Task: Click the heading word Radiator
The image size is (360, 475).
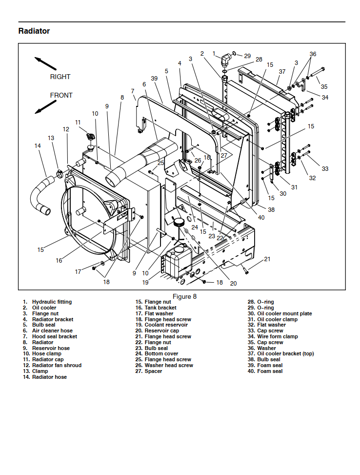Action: [x=34, y=31]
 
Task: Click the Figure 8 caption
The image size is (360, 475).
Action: [x=185, y=296]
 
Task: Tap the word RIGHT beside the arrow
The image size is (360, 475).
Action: [x=60, y=77]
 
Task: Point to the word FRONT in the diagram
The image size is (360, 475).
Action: [x=61, y=95]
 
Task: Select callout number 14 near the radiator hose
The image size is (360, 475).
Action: [x=38, y=145]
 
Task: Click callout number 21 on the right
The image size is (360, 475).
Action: [x=267, y=259]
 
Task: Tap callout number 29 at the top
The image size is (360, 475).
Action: [x=247, y=56]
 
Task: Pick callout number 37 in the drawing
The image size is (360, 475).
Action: [x=282, y=71]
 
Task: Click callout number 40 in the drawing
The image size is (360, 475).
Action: [x=261, y=217]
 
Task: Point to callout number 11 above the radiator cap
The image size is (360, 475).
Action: [x=78, y=122]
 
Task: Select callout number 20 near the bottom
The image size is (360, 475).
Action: [x=233, y=283]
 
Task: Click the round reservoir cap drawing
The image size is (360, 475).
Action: [x=179, y=222]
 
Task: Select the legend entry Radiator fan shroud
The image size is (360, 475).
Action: [x=57, y=365]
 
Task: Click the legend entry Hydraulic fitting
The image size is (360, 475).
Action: [x=52, y=302]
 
